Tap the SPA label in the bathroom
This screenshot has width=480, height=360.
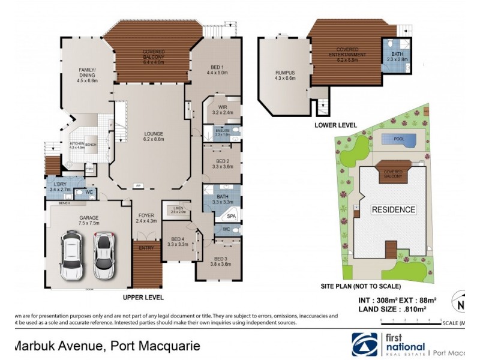pos(232,215)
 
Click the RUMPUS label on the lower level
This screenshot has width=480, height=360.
pos(284,73)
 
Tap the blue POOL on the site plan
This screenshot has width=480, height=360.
pos(399,139)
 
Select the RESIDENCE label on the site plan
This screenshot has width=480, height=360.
pos(393,209)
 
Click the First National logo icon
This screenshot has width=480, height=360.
pos(365,344)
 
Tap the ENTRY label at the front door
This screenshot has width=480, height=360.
pos(146,247)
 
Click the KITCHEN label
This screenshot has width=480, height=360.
pos(76,144)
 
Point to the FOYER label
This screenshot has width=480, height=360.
pos(146,215)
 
